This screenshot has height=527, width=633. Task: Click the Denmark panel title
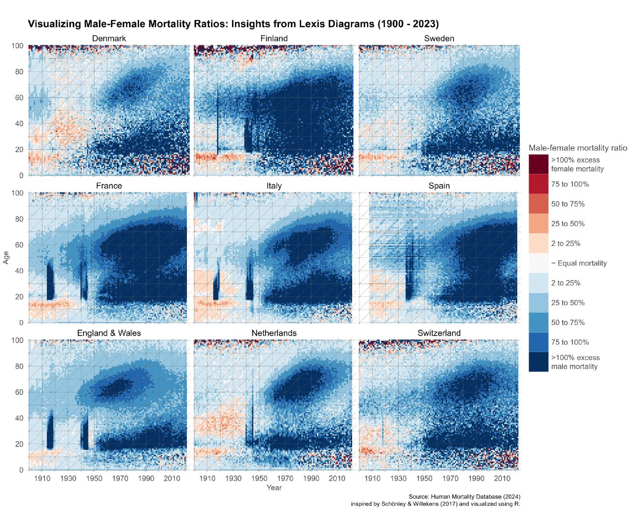click(109, 39)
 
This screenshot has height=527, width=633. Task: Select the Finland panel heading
click(274, 39)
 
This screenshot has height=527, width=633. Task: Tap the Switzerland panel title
click(439, 333)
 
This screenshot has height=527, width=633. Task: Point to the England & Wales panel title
click(109, 333)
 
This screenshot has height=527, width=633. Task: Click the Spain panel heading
click(439, 186)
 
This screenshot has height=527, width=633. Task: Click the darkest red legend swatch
click(538, 164)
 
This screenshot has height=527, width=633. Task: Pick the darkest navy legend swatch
click(538, 362)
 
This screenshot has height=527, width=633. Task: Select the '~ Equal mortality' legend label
click(579, 263)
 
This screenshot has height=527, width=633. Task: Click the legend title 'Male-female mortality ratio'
click(578, 148)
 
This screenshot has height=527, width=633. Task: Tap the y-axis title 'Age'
click(6, 257)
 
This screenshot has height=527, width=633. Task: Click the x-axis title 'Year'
click(274, 487)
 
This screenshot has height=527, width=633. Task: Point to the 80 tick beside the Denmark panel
click(19, 72)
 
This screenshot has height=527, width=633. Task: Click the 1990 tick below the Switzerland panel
click(476, 478)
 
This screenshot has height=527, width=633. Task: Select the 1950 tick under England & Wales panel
click(94, 478)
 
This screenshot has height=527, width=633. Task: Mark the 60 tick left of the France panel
click(19, 245)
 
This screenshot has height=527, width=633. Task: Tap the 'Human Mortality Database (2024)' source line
click(464, 496)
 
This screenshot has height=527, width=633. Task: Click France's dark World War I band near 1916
click(50, 282)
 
